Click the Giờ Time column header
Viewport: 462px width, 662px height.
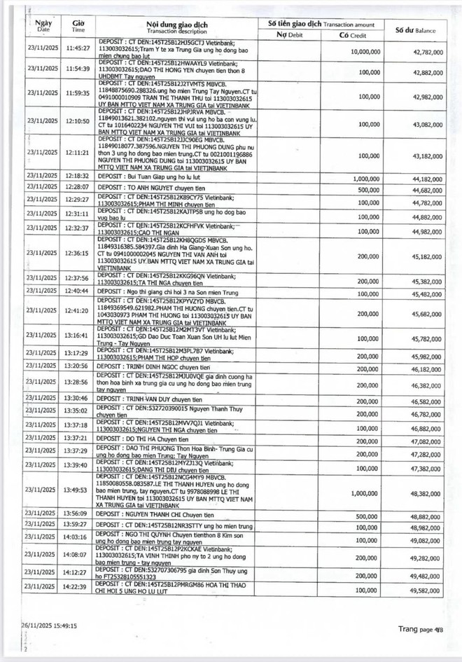point(78,27)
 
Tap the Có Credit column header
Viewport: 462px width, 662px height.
point(353,34)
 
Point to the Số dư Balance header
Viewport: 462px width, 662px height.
point(416,30)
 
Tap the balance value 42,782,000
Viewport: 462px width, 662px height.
point(423,52)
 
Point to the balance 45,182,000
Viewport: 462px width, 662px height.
point(423,256)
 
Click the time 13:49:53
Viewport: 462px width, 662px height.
point(78,490)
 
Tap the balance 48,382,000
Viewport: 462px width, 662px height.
point(423,492)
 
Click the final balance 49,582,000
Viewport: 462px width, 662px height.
point(423,591)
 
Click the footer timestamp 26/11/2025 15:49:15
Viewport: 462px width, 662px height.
point(48,626)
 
